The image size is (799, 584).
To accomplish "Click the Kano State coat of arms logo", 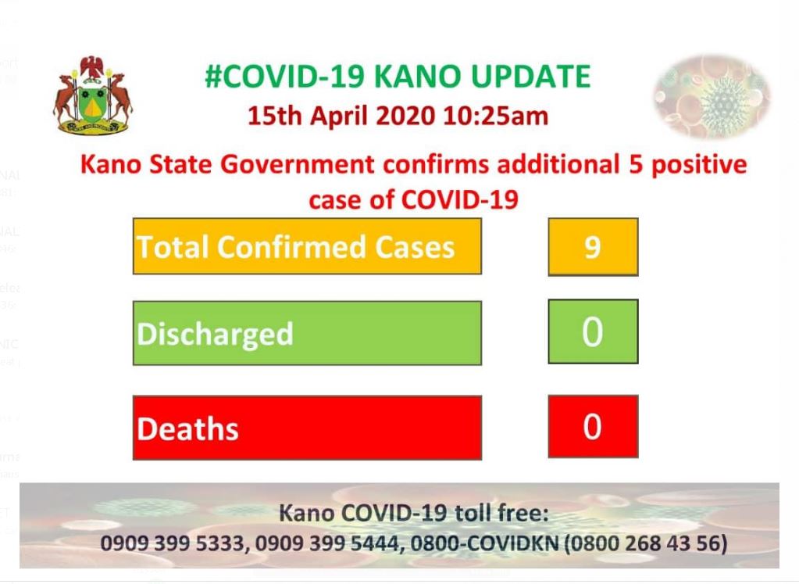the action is (x=93, y=95).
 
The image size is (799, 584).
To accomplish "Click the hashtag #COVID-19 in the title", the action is (x=285, y=77).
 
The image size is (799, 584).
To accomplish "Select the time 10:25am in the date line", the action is (x=495, y=116).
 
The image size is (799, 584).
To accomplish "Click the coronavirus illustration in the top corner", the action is (x=712, y=96).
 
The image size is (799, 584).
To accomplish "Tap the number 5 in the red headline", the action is (x=636, y=165).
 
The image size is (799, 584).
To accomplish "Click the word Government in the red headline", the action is (x=298, y=165).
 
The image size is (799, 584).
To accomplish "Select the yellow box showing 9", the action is (x=593, y=247).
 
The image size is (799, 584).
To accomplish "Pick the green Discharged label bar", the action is (x=307, y=333).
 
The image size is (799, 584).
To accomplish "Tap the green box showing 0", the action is (x=593, y=331).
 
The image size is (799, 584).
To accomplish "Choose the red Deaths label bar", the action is (x=307, y=428).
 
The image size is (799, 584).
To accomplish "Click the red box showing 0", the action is (x=593, y=426).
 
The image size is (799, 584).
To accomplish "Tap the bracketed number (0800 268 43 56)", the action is (x=646, y=543).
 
